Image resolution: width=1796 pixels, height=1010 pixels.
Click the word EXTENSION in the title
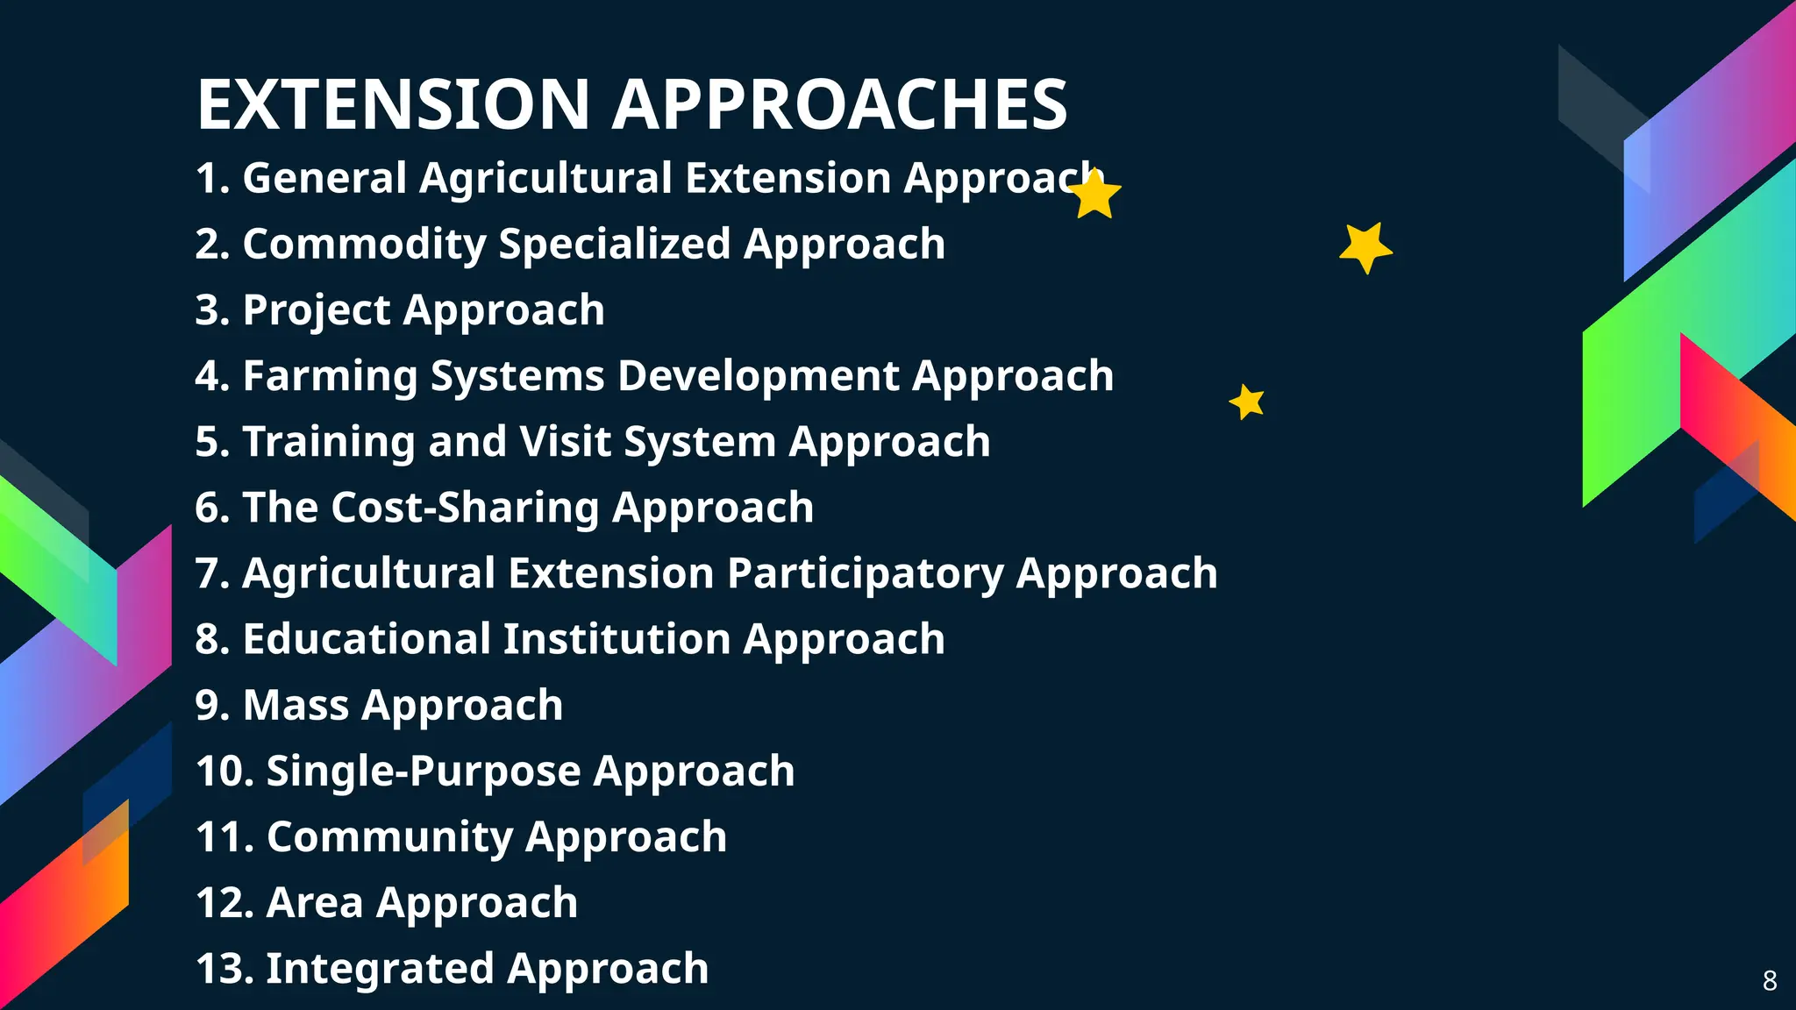[x=393, y=105]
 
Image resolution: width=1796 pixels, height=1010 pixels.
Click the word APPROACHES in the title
[x=839, y=105]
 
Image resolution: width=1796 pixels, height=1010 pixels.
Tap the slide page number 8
[x=1770, y=980]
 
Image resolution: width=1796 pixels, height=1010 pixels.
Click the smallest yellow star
[x=1247, y=402]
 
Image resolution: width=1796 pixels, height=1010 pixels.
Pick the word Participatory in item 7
[x=865, y=574]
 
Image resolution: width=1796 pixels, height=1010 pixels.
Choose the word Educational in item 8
[x=367, y=639]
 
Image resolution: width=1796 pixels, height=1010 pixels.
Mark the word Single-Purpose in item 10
[x=423, y=772]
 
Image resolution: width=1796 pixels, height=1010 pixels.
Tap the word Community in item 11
[x=389, y=837]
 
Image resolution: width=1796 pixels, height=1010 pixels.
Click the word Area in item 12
[x=315, y=903]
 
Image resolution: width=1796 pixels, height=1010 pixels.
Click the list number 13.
[x=222, y=969]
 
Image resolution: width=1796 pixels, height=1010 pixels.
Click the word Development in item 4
[x=759, y=376]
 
